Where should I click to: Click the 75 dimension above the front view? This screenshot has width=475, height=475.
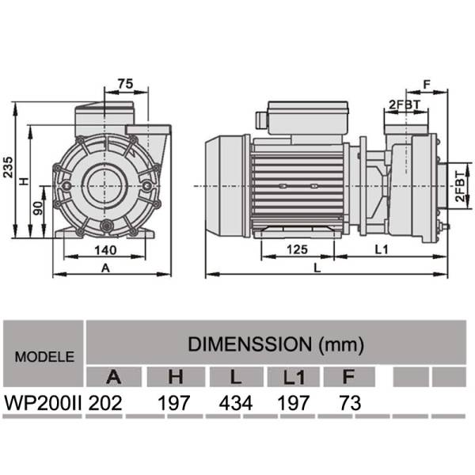[124, 83]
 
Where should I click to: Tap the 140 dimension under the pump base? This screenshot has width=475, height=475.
[101, 250]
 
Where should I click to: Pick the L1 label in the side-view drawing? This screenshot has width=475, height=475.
[381, 249]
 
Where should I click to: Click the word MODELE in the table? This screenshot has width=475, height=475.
[44, 356]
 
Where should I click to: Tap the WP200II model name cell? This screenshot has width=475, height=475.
[44, 402]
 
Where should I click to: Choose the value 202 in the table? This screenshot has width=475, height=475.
[106, 402]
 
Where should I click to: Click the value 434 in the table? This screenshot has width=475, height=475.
[235, 402]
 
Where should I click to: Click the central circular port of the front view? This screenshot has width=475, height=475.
[101, 186]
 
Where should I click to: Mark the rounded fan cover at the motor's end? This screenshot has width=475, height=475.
[226, 185]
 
